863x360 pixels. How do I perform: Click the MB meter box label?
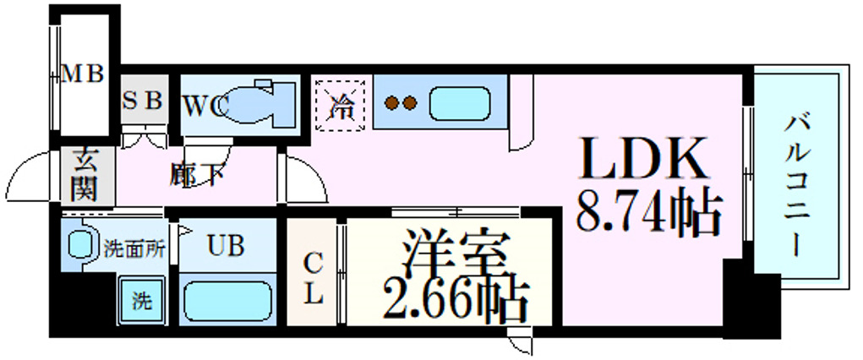pyautogui.click(x=83, y=74)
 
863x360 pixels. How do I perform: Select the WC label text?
pyautogui.click(x=206, y=106)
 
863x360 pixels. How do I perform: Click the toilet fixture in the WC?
pyautogui.click(x=258, y=104)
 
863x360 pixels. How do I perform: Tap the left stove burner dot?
pyautogui.click(x=392, y=105)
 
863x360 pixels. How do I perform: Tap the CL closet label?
pyautogui.click(x=313, y=280)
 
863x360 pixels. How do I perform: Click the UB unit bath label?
pyautogui.click(x=227, y=246)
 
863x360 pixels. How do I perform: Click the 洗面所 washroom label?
pyautogui.click(x=134, y=248)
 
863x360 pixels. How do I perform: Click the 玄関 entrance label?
pyautogui.click(x=84, y=175)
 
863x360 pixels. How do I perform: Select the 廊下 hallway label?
pyautogui.click(x=197, y=174)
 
